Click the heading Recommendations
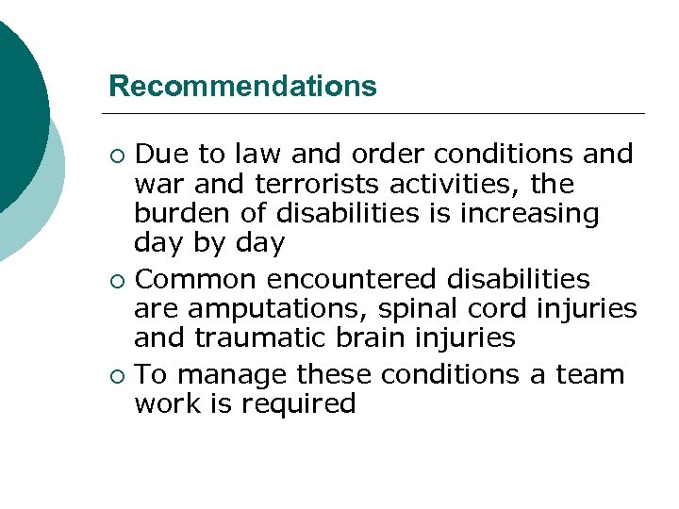pos(242,87)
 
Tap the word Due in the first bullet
pos(157,154)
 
